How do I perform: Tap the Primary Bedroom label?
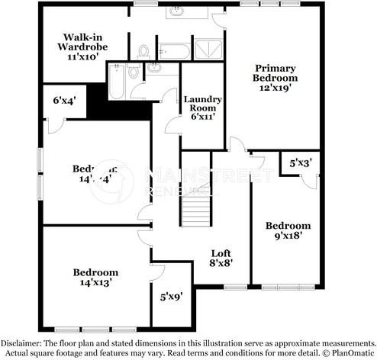click(x=275, y=72)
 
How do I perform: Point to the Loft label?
click(x=221, y=253)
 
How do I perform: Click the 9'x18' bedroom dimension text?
click(x=288, y=236)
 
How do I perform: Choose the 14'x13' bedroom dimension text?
click(x=95, y=282)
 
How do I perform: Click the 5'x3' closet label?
click(x=300, y=163)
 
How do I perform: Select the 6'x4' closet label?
click(x=64, y=100)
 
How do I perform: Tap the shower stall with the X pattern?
click(x=207, y=51)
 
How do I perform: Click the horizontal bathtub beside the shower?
click(x=177, y=52)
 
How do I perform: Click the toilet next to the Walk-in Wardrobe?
click(x=143, y=52)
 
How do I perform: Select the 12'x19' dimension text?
click(x=275, y=88)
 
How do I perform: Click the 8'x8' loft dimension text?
click(x=221, y=263)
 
